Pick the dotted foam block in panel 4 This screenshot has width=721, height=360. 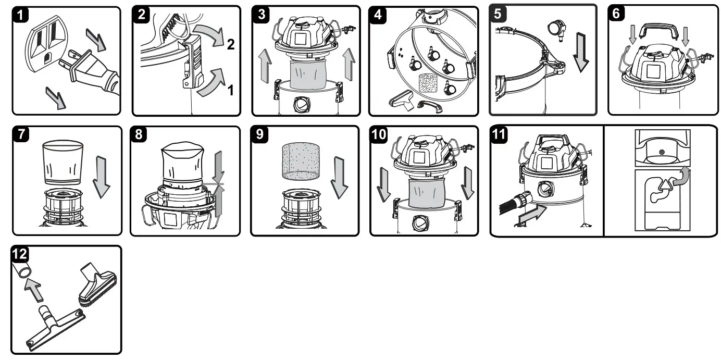[430, 83]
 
